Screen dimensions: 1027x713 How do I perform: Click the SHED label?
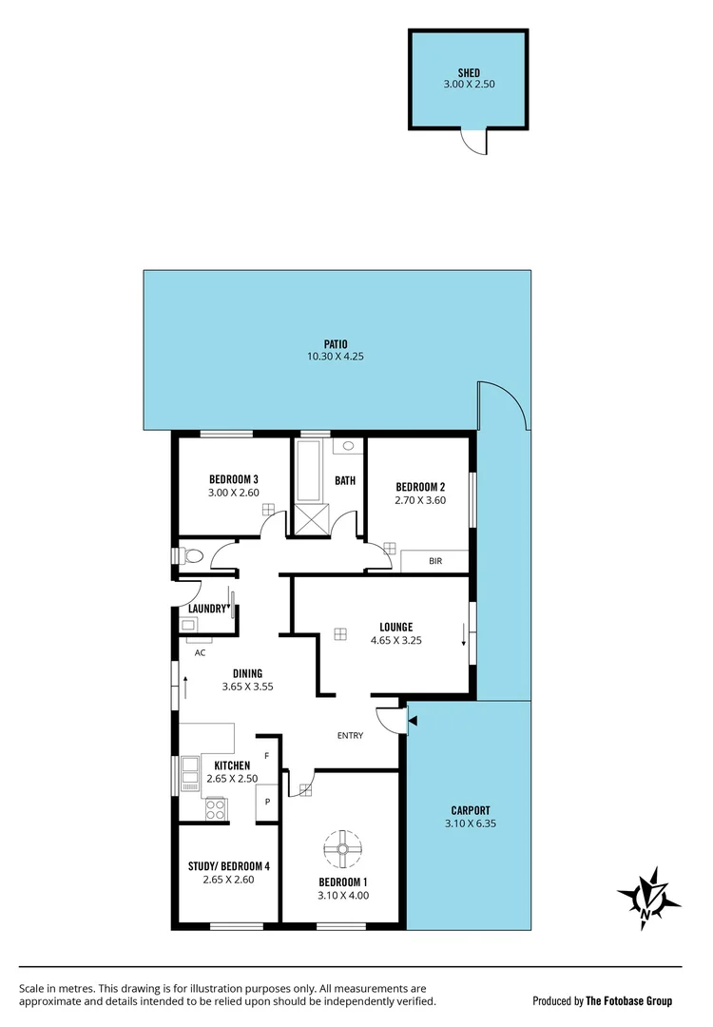coord(469,72)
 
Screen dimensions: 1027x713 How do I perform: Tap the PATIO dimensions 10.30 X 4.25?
coord(336,357)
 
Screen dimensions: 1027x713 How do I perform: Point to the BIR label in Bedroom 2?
coord(435,561)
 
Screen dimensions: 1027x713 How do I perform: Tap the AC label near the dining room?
coord(201,653)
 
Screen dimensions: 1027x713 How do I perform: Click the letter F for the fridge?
coord(267,755)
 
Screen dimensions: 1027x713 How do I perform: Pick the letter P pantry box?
coord(268,802)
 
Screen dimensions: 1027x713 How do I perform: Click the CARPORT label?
coord(470,811)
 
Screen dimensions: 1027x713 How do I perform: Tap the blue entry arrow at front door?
coord(411,722)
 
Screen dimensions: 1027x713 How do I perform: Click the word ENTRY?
coord(351,736)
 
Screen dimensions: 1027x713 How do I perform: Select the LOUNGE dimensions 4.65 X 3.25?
coord(395,640)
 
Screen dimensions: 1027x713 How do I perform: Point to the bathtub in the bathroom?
coord(309,470)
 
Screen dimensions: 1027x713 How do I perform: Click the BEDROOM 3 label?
coord(233,479)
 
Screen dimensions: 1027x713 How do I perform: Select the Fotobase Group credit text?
coord(603,1000)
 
